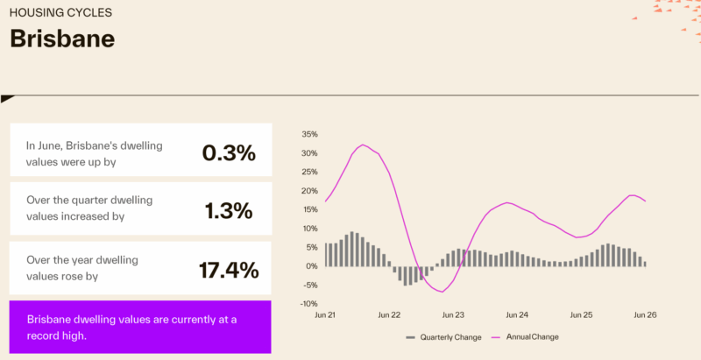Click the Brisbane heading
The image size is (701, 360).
click(62, 39)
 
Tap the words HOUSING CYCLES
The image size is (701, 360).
click(60, 12)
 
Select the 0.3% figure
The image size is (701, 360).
click(229, 153)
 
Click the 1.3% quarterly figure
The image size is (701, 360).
click(229, 210)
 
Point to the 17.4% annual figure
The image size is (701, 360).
click(229, 271)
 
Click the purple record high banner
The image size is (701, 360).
click(140, 327)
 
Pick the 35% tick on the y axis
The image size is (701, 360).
click(310, 134)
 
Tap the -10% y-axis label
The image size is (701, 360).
click(308, 304)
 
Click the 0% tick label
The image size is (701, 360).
click(312, 266)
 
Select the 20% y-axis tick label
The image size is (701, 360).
click(310, 191)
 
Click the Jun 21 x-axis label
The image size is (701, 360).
click(325, 314)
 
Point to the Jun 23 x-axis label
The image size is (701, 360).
click(453, 314)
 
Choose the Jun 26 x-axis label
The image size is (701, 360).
click(646, 314)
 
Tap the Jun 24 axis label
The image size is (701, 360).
click(517, 314)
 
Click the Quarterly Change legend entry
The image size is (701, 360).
click(443, 337)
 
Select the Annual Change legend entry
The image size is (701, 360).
click(525, 336)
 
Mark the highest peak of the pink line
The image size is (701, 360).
click(363, 145)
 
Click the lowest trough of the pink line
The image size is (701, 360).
click(443, 292)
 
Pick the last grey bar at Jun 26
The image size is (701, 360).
click(645, 264)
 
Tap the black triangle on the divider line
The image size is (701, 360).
click(6, 99)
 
